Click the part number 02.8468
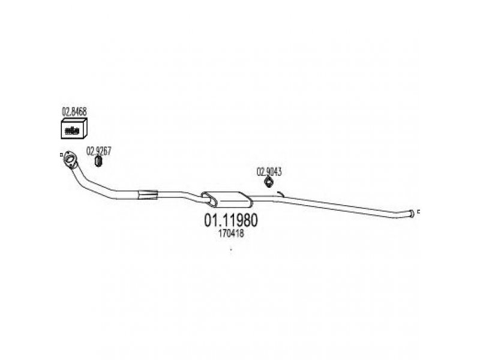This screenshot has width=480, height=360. click(x=74, y=112)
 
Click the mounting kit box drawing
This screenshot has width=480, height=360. click(x=74, y=128)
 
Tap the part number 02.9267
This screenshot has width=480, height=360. click(x=99, y=151)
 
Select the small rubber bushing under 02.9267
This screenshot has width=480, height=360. click(x=98, y=161)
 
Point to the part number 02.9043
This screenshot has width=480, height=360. click(x=269, y=172)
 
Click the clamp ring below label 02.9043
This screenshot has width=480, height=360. click(x=268, y=182)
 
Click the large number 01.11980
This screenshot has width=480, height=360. click(x=231, y=220)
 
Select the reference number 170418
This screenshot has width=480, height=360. click(x=231, y=233)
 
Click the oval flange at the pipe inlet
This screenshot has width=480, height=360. click(x=70, y=160)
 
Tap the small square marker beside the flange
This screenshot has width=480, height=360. click(x=61, y=155)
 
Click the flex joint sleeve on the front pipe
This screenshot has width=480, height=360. click(x=148, y=194)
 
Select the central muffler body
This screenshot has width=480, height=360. click(x=227, y=199)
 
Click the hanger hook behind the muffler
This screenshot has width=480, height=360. click(x=280, y=194)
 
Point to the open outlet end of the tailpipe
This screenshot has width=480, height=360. click(x=412, y=214)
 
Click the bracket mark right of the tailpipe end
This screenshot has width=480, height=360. click(x=418, y=211)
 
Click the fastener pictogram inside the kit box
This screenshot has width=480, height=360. click(x=72, y=131)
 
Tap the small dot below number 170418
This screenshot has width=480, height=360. click(x=231, y=250)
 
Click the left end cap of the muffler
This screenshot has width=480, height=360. click(x=209, y=199)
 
